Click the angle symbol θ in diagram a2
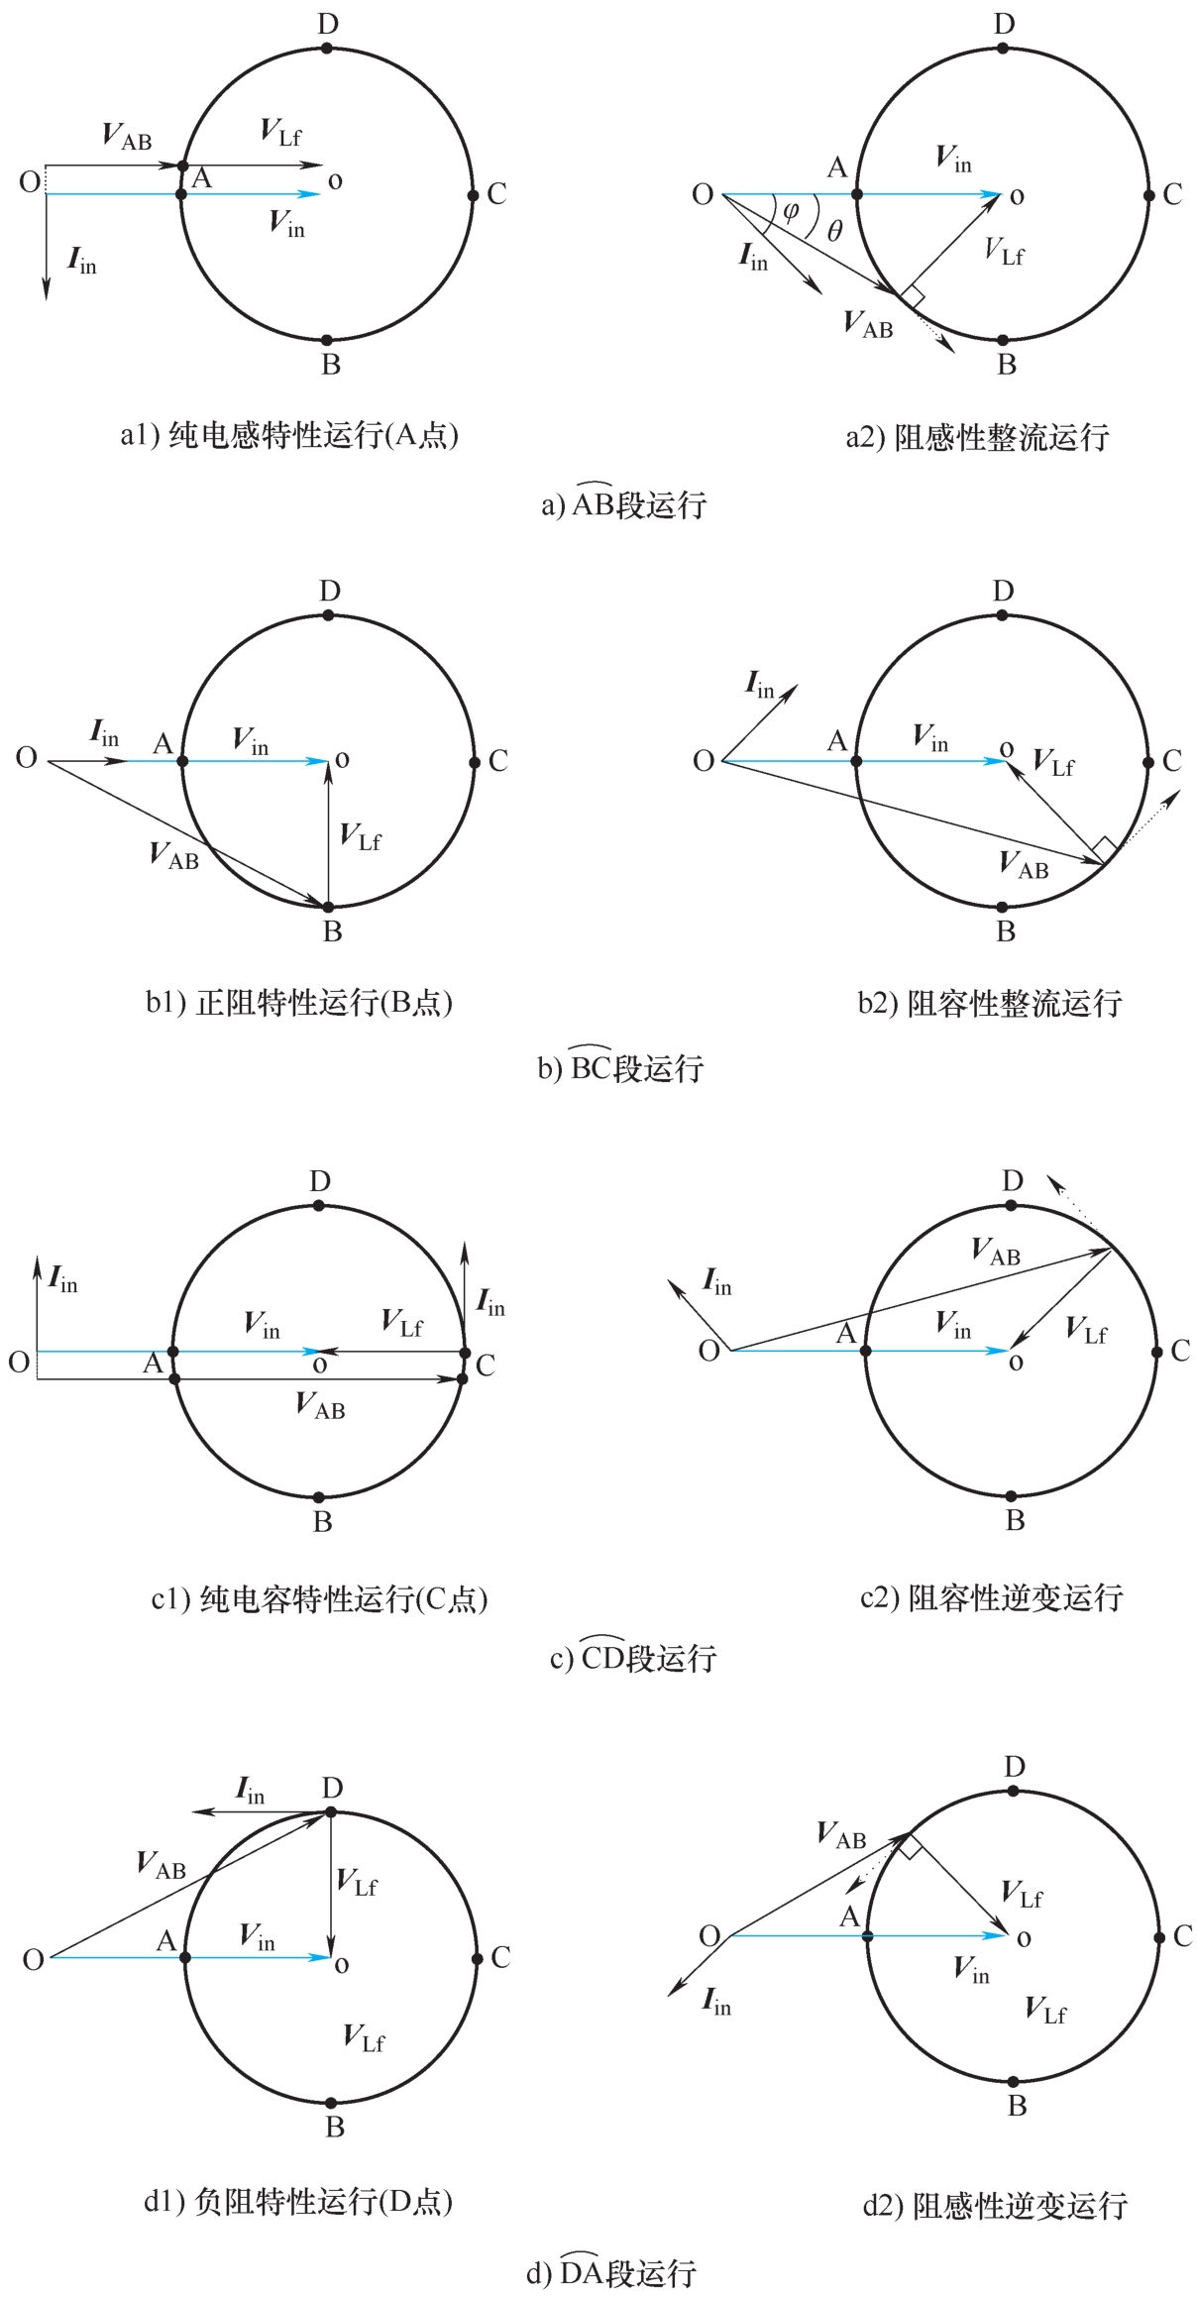click(x=834, y=232)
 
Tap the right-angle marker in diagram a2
click(x=913, y=295)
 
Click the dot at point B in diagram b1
click(x=328, y=907)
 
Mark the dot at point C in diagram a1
click(x=474, y=195)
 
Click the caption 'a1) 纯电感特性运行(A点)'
click(x=289, y=435)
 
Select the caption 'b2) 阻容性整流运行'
click(x=990, y=1003)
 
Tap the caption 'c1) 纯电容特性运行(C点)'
click(x=319, y=1599)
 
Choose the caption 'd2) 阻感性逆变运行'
click(x=995, y=2206)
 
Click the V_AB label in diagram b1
click(x=174, y=855)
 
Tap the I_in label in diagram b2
click(x=760, y=685)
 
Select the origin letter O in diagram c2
click(x=709, y=1351)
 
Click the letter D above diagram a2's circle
click(x=1005, y=25)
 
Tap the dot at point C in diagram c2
click(x=1156, y=1352)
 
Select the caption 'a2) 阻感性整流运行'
click(x=977, y=436)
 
